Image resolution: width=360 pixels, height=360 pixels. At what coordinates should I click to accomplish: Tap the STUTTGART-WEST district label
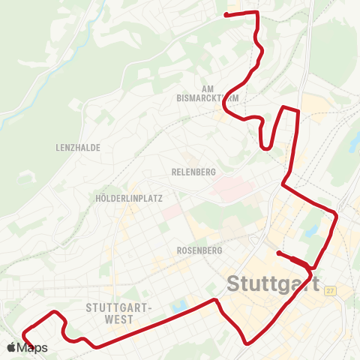[119, 313]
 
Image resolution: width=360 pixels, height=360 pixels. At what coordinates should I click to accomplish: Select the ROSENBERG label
[196, 250]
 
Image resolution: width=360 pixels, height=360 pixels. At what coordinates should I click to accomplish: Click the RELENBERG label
[194, 172]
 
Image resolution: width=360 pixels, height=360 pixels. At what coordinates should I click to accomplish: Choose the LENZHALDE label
[78, 148]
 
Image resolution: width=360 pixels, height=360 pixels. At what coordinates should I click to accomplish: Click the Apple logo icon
[11, 347]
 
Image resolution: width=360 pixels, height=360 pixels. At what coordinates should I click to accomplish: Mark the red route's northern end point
[227, 13]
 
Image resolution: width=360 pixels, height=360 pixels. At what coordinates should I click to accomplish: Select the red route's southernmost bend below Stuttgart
[247, 343]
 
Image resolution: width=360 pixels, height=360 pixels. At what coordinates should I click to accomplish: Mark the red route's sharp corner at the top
[257, 13]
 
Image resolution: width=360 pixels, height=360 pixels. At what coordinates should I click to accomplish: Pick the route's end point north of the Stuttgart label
[278, 253]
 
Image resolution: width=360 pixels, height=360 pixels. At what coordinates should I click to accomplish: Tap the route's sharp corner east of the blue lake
[337, 216]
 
